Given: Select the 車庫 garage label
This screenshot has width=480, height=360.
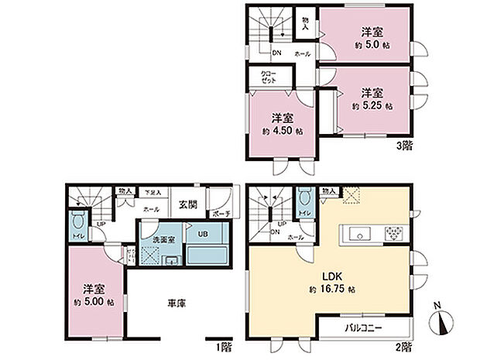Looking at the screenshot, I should click(176, 303).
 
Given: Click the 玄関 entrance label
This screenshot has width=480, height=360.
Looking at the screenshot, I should click(187, 204).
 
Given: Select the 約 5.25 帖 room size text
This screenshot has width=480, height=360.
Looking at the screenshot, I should click(372, 105).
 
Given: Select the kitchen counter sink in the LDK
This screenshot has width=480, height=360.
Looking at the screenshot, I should click(362, 233).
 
